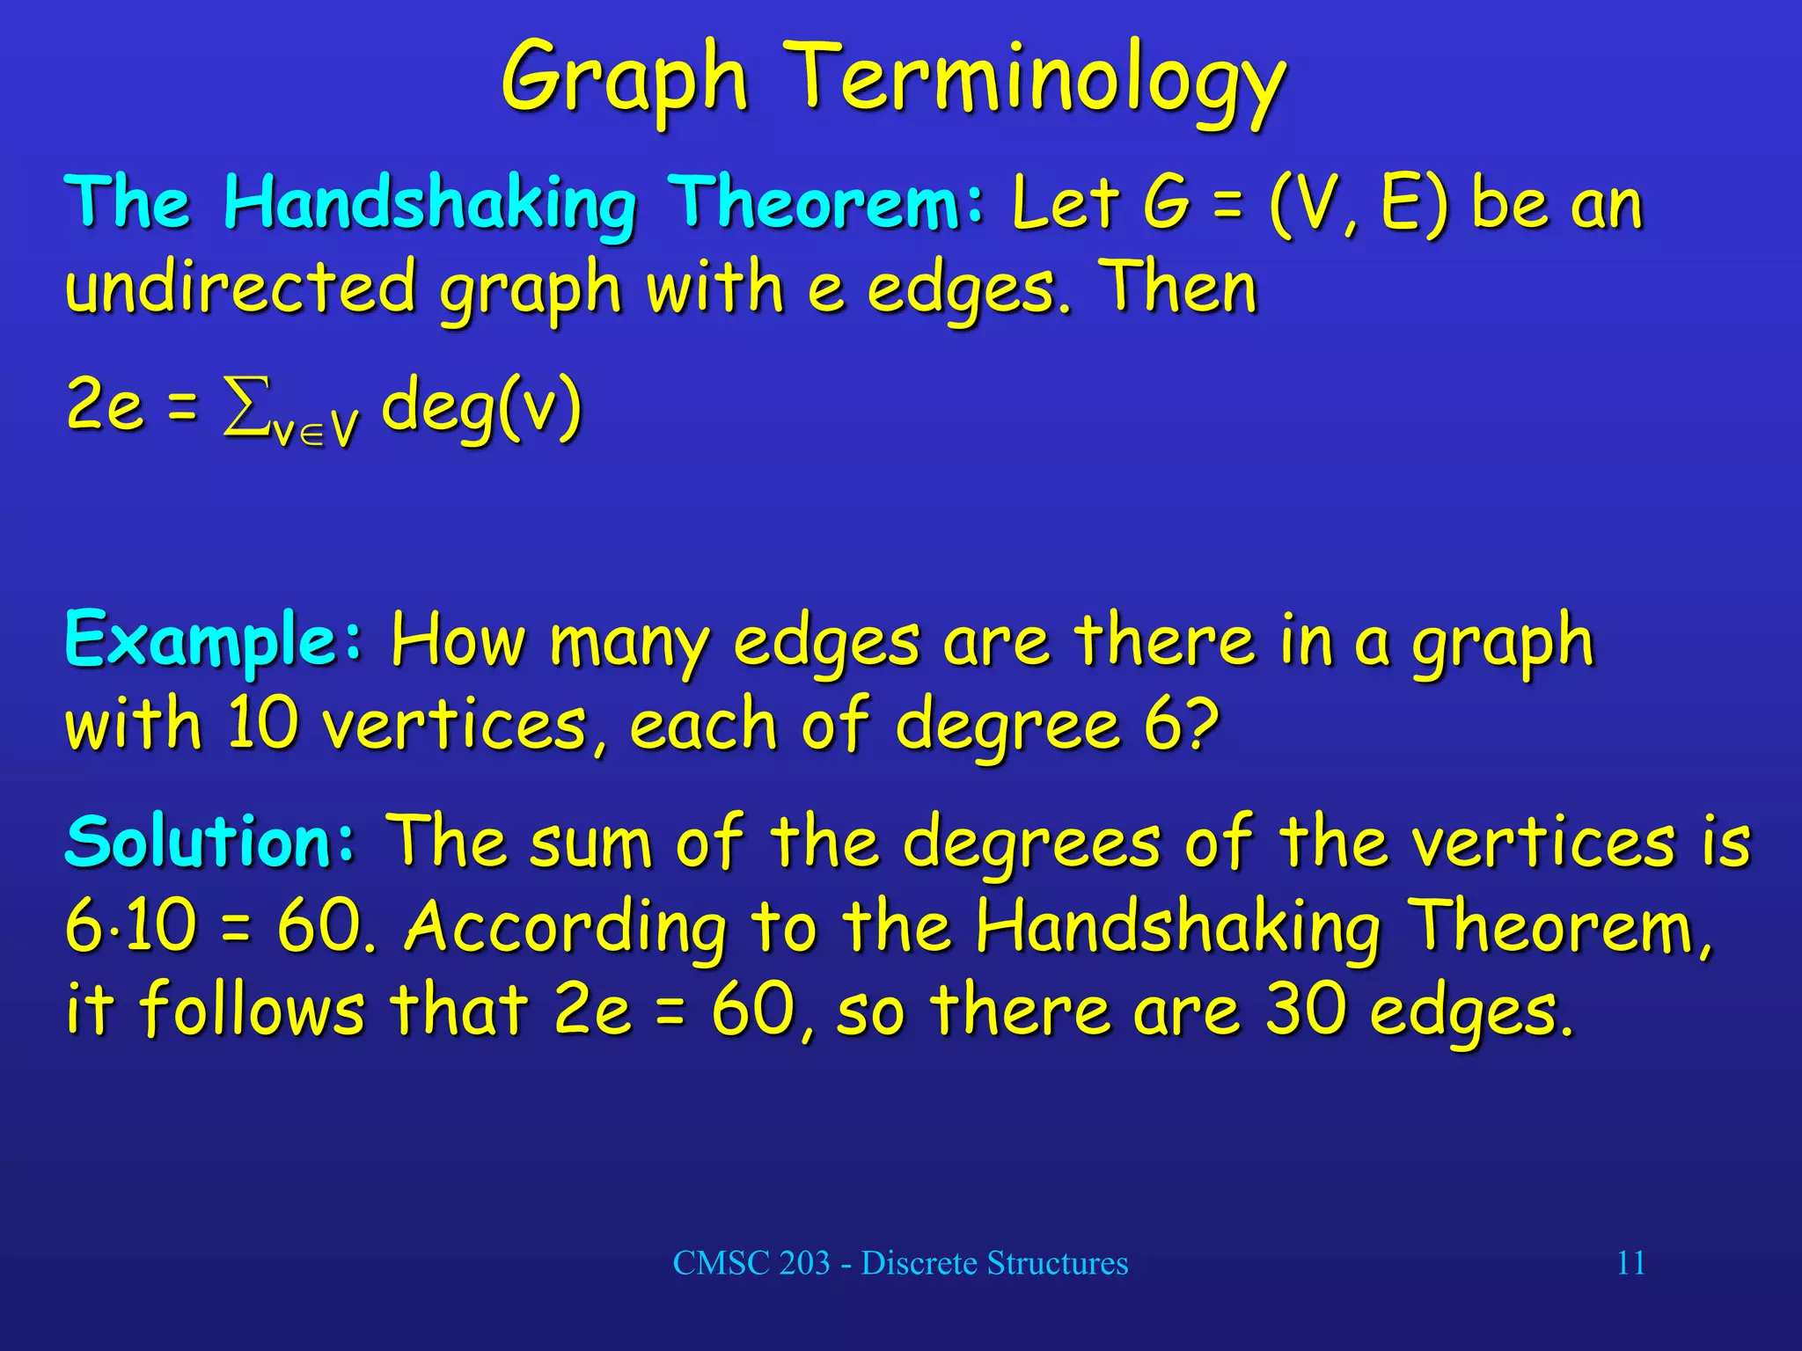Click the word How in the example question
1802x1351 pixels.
click(458, 640)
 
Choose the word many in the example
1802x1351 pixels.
click(629, 644)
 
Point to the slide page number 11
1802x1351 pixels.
click(1630, 1263)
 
